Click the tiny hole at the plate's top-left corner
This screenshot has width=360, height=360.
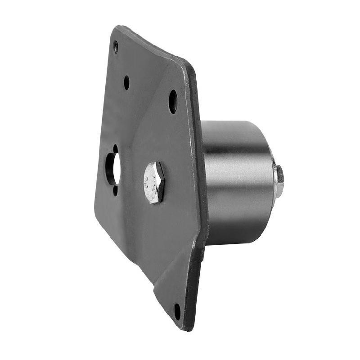coord(116,46)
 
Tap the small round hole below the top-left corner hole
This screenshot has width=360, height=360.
coord(126,82)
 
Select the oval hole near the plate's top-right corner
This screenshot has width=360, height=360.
coord(173,101)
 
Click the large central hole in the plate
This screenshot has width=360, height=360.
coord(112,169)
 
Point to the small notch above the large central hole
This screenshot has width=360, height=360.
coord(115,148)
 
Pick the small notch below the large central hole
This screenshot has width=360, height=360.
coord(115,190)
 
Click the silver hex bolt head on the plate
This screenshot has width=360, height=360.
coord(154,182)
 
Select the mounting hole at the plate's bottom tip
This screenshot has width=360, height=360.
coord(177,311)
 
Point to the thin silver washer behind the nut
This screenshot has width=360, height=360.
coord(274,180)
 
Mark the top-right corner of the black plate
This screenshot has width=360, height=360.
coord(189,63)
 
